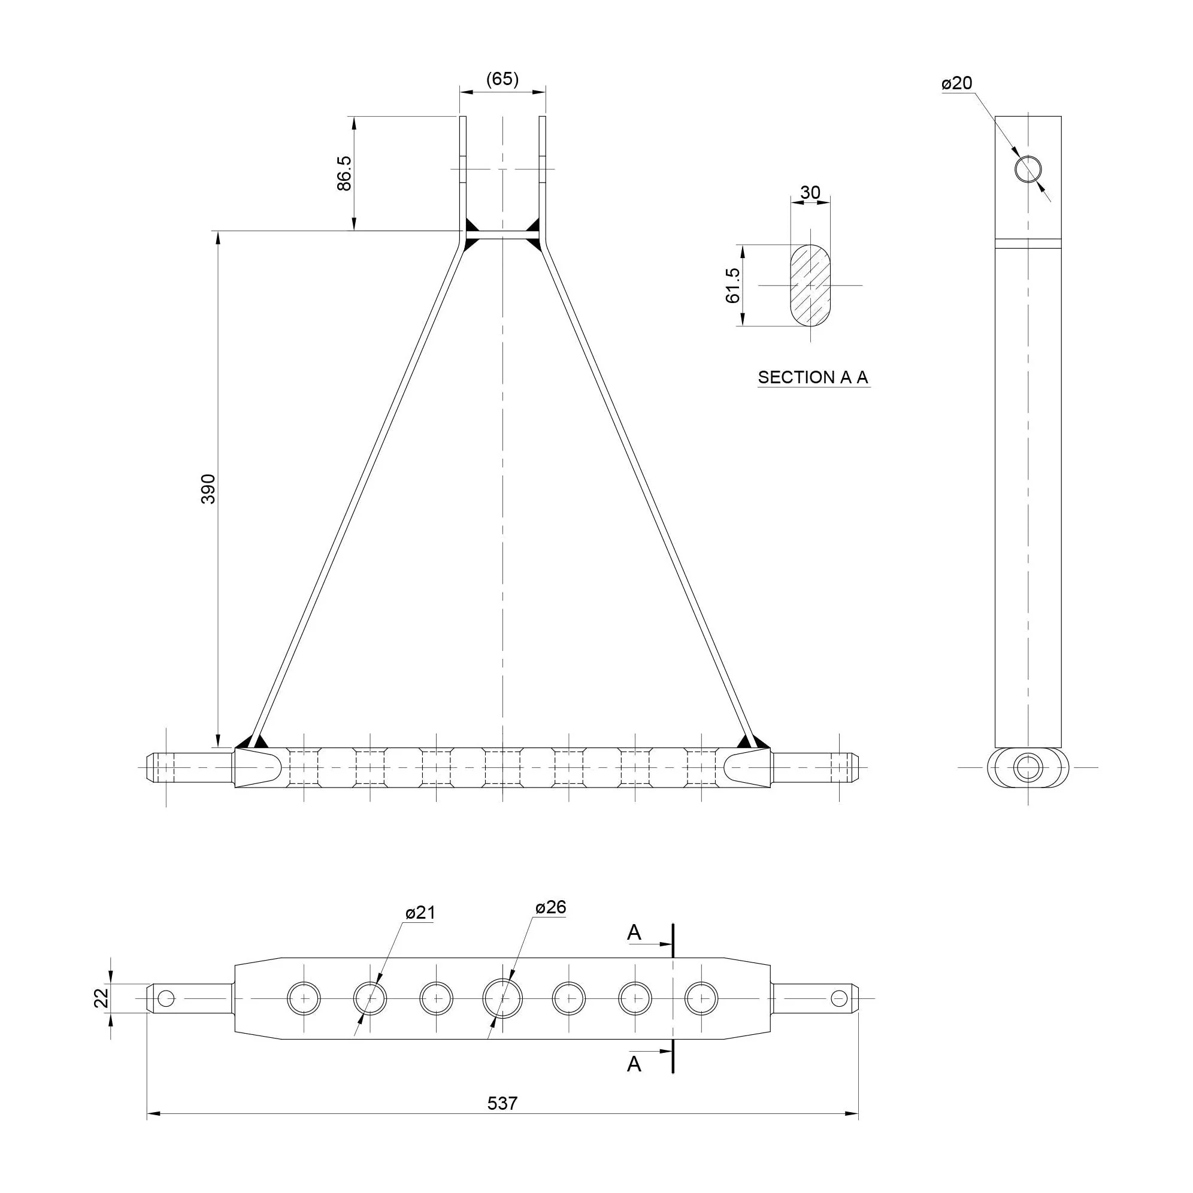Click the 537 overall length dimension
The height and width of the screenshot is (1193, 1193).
502,1103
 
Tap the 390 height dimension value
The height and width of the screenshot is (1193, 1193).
208,489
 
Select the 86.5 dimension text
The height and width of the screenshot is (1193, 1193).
344,174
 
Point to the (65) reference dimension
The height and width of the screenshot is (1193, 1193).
502,79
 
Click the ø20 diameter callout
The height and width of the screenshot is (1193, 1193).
957,83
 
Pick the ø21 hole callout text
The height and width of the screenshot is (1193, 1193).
420,913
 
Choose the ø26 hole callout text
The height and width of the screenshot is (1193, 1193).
551,907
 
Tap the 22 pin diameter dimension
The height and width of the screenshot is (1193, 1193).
101,998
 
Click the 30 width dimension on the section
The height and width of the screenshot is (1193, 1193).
810,193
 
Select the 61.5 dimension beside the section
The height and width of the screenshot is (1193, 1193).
733,285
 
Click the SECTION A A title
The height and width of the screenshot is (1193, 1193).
813,377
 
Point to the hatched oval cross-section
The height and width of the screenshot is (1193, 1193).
810,285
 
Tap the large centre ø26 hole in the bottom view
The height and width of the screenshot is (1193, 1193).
502,998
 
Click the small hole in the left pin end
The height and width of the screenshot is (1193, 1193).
166,998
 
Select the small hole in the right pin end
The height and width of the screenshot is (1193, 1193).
838,998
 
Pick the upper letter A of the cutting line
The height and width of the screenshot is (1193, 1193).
634,933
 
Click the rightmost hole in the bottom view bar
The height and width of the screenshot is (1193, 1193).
701,998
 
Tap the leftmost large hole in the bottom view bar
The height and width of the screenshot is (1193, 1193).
304,998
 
